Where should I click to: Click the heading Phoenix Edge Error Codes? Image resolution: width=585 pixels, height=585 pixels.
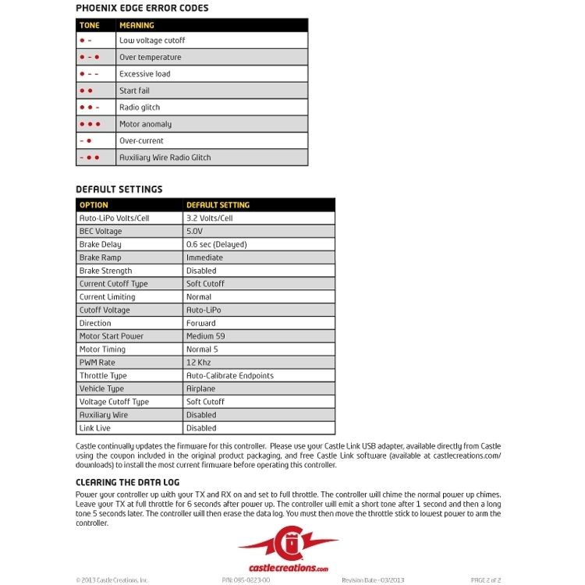point(142,9)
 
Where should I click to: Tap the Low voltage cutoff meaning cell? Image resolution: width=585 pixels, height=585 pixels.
point(152,41)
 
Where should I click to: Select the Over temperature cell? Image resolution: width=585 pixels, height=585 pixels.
point(150,57)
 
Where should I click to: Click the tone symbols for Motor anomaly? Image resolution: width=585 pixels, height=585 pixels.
point(90,124)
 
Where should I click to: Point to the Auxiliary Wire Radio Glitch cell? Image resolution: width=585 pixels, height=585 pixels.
point(165,158)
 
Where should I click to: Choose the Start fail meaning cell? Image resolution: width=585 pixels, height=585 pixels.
point(134,90)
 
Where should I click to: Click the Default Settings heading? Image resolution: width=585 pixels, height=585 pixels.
point(119,190)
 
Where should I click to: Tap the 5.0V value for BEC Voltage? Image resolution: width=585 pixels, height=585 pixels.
point(194,232)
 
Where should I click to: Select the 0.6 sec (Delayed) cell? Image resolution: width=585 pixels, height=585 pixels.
point(216,245)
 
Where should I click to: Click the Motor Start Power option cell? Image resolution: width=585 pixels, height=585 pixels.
point(112,336)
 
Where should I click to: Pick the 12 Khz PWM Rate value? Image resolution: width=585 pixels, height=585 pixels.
point(199,363)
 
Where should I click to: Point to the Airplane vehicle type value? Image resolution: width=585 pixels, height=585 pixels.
point(201,388)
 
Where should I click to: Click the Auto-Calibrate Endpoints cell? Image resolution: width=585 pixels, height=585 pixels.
point(229,376)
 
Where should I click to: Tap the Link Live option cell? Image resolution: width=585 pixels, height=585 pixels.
point(95,428)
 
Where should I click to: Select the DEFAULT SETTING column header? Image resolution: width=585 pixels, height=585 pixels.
point(218,205)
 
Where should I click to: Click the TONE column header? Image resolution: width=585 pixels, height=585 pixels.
point(90,25)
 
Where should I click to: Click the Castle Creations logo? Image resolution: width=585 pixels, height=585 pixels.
point(288,550)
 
